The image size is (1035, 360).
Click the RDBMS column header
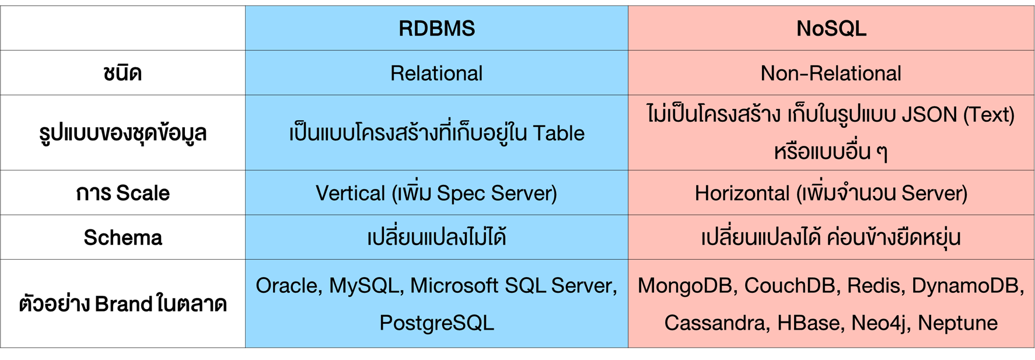point(436,29)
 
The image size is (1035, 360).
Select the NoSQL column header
point(831,29)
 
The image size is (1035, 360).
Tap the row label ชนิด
point(123,74)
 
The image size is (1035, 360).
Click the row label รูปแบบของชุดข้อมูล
point(123,133)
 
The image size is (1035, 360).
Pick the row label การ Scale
point(123,193)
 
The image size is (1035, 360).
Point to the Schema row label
point(123,237)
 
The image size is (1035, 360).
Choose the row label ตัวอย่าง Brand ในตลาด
point(123,304)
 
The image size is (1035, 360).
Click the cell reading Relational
point(436,74)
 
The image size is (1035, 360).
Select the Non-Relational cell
point(831,74)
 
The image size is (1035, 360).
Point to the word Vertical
point(350,193)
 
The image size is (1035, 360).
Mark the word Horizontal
point(742,193)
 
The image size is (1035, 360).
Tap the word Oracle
point(288,286)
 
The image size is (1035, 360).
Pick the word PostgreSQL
point(436,323)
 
